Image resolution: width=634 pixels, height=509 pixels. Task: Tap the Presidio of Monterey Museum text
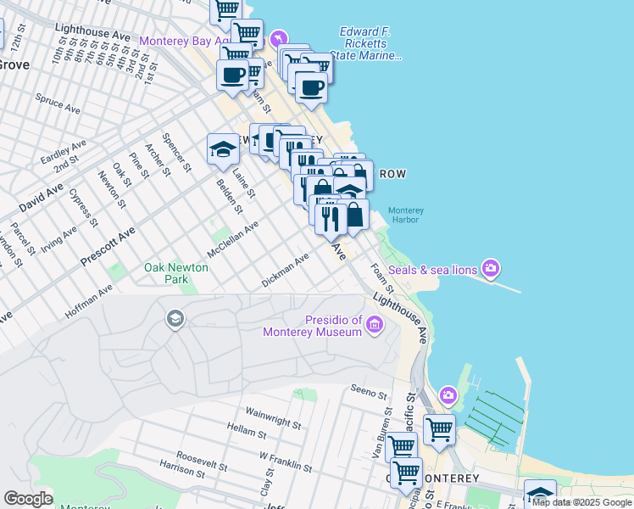click(333, 326)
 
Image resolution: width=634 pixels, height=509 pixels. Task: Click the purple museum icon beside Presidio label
click(375, 324)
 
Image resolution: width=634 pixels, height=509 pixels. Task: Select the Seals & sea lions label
click(432, 271)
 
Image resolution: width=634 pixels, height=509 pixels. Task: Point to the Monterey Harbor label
click(406, 215)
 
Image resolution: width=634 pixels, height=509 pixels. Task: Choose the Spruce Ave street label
click(58, 103)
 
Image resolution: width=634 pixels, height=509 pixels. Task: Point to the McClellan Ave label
click(232, 241)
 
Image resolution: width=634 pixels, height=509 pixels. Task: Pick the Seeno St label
click(369, 394)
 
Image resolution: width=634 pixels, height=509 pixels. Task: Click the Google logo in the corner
click(28, 499)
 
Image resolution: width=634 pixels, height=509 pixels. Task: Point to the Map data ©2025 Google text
click(581, 502)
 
